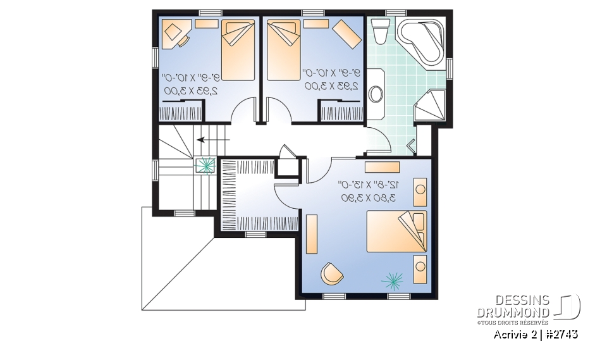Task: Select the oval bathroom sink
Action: [x=376, y=94]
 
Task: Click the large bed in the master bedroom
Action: [x=397, y=232]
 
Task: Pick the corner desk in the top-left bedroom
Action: [x=175, y=33]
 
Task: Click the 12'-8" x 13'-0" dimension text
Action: [x=368, y=185]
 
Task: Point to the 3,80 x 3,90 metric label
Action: [x=368, y=198]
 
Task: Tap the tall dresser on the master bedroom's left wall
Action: [x=311, y=234]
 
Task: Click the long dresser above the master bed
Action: [x=383, y=167]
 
